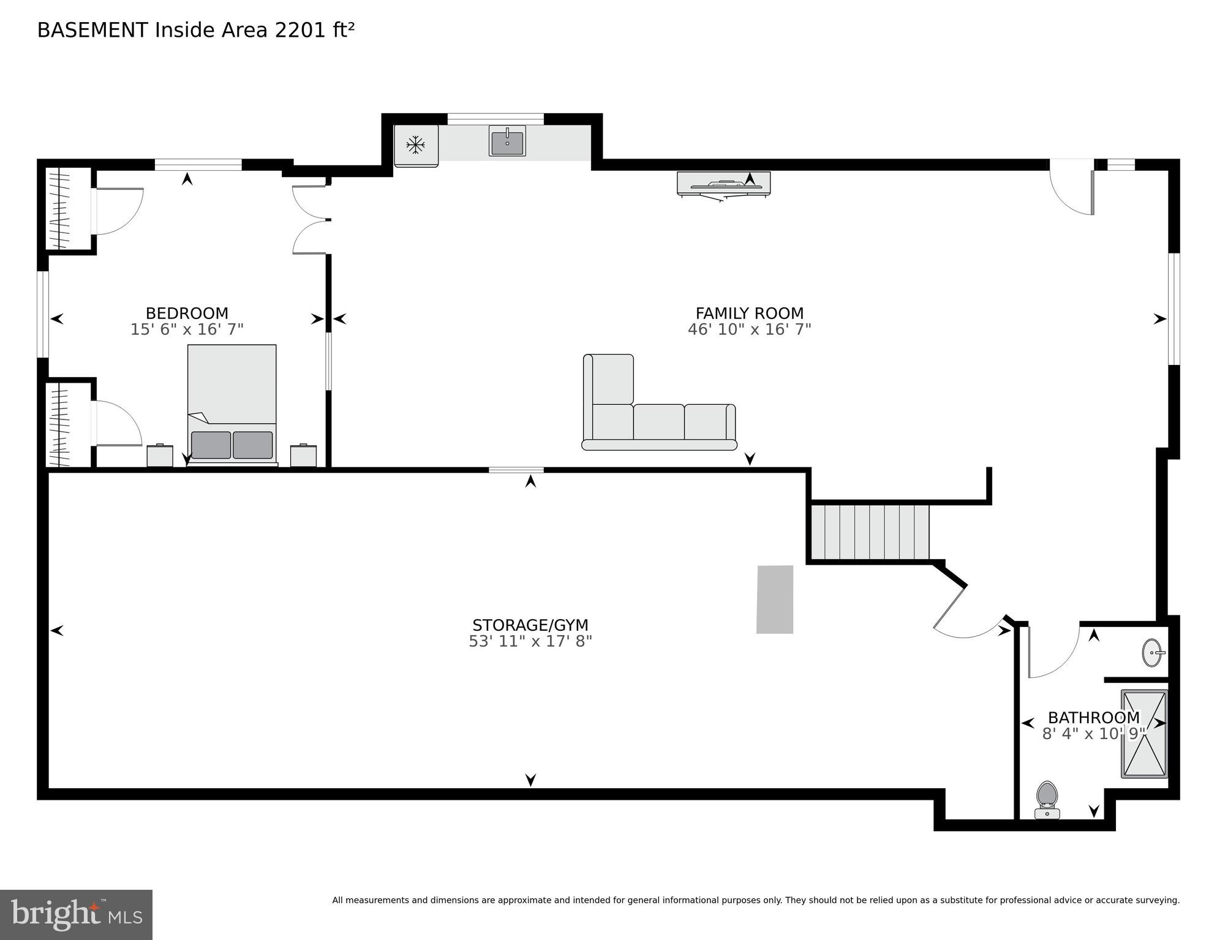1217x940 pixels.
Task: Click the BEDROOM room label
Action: coord(187,313)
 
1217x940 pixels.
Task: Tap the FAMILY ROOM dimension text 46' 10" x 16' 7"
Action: coord(749,329)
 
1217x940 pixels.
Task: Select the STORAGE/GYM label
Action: coord(530,625)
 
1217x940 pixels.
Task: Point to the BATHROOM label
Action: coord(1093,717)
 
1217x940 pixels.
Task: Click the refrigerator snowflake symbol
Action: coord(416,145)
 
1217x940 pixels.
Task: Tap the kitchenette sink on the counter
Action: coord(507,142)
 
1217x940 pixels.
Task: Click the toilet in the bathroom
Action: coord(1047,799)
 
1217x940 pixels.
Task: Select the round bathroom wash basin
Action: coord(1153,653)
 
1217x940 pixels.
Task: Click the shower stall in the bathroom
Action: coord(1144,734)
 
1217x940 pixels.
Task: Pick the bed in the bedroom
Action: coord(232,404)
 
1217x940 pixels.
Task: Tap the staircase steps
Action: coord(870,532)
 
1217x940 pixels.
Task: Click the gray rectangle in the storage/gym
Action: coord(775,599)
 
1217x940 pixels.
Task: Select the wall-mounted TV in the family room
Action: coord(723,183)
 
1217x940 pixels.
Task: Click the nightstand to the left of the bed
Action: coord(160,456)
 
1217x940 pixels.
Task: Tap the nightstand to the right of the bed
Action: coord(303,456)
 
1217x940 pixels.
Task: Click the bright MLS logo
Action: coord(76,914)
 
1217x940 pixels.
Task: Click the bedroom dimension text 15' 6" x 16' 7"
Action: coord(187,329)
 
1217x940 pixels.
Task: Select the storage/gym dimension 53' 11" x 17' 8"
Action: coord(530,641)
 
